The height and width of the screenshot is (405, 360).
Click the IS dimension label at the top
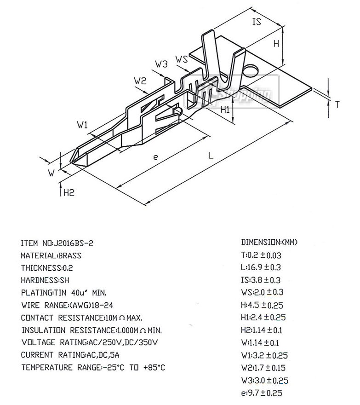coord(257,22)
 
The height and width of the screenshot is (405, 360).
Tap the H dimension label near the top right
coord(276,43)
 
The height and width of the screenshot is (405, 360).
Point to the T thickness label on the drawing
coord(337,104)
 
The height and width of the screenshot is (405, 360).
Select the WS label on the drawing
coord(182,59)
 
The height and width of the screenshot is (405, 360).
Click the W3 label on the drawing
coord(161,64)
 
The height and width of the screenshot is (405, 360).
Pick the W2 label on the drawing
coord(140,81)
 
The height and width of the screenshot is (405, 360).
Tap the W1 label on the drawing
coord(82,125)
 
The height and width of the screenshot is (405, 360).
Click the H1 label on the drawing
coord(225,110)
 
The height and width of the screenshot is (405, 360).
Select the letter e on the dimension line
coord(155,157)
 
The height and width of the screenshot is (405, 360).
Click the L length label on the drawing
coord(211,155)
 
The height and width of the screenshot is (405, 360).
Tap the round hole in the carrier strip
coord(251,71)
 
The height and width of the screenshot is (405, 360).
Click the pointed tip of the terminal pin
coord(71,162)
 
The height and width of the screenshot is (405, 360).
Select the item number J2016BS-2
coord(73,243)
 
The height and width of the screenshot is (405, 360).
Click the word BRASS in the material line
coord(70,256)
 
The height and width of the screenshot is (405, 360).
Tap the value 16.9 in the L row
coord(254,267)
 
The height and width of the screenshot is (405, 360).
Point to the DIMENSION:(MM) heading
coord(269,242)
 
